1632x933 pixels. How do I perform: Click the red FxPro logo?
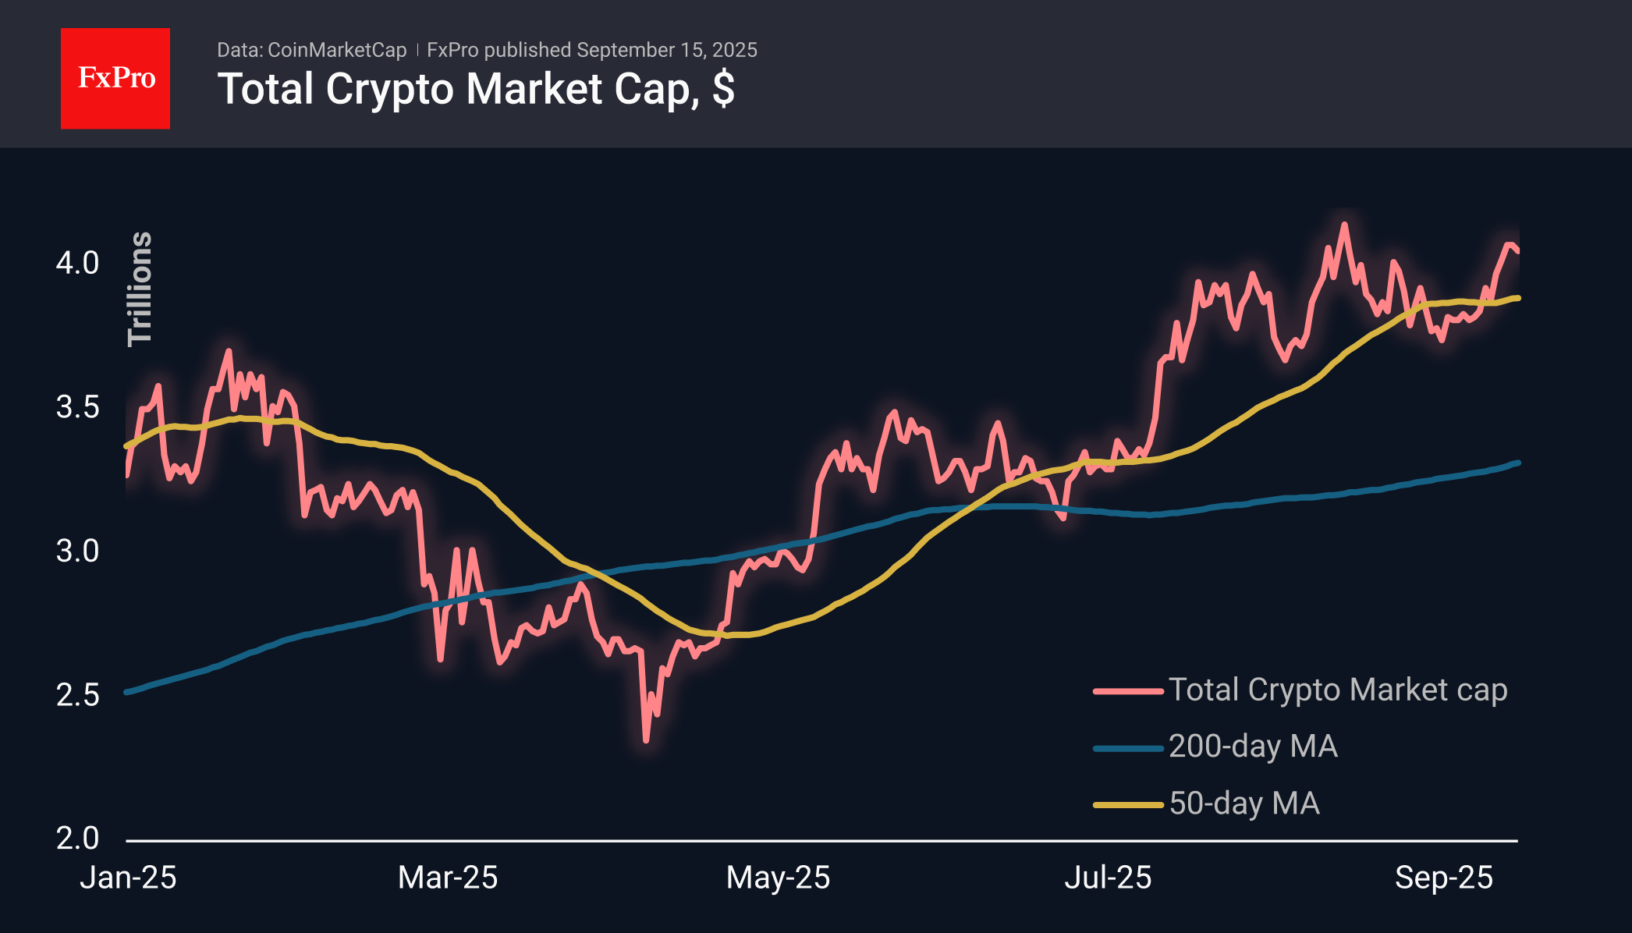click(x=115, y=78)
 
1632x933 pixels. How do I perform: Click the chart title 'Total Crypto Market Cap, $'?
click(x=476, y=89)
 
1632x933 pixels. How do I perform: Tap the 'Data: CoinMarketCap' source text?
click(x=311, y=50)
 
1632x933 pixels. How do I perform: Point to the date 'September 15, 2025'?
click(x=667, y=50)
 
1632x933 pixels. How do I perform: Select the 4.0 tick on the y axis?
click(x=77, y=263)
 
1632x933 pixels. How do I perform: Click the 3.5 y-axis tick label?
click(x=77, y=407)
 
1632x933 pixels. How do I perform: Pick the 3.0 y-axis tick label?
click(x=77, y=551)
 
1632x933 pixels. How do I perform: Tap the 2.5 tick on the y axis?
click(x=77, y=695)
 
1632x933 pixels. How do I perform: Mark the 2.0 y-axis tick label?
click(x=77, y=839)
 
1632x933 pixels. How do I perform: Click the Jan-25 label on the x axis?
click(x=128, y=878)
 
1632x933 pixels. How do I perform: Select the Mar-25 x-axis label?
click(x=448, y=878)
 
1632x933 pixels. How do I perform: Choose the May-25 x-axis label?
click(x=778, y=878)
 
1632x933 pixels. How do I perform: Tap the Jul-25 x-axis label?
click(x=1108, y=878)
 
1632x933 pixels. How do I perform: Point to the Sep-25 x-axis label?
click(x=1444, y=878)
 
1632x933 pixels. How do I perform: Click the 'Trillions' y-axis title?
click(x=140, y=289)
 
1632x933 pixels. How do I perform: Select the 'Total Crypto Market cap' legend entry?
click(x=1300, y=690)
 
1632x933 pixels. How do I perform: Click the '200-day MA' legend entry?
click(x=1215, y=747)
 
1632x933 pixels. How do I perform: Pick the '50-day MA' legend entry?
click(x=1207, y=804)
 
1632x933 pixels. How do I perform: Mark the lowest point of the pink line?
click(x=646, y=740)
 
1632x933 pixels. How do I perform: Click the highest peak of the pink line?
click(x=1344, y=225)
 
